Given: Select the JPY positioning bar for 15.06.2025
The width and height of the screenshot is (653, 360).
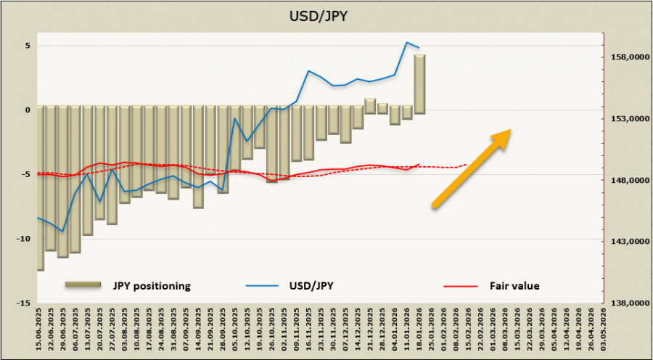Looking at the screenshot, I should coord(41,188).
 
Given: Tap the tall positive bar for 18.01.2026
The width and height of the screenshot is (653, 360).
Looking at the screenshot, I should coord(419,83).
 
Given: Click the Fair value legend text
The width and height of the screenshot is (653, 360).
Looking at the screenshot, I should coord(514,286).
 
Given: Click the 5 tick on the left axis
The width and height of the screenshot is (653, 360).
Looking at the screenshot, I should coord(28,46).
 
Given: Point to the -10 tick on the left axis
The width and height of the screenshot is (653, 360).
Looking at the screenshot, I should coord(25,239).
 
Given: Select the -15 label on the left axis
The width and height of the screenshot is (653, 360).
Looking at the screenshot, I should coord(25,303).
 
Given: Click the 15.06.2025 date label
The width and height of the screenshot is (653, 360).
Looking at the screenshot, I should coord(41,330).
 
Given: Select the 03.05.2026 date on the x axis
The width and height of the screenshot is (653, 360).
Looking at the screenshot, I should coord(603,330).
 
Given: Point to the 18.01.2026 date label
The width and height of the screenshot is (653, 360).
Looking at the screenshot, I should coord(420,330).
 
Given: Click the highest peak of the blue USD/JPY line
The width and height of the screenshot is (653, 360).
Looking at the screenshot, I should coord(407,43).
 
